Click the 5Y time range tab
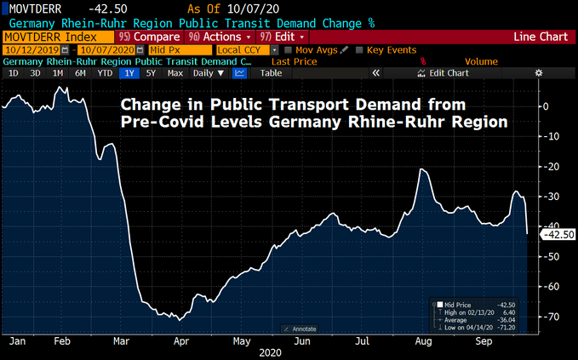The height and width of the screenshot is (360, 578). pyautogui.click(x=151, y=73)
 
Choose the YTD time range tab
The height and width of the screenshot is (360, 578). pyautogui.click(x=105, y=73)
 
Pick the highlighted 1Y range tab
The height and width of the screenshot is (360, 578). pyautogui.click(x=129, y=73)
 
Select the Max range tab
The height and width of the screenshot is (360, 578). pyautogui.click(x=175, y=73)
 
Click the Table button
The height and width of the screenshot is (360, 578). pyautogui.click(x=271, y=73)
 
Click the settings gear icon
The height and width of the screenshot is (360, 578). pyautogui.click(x=538, y=73)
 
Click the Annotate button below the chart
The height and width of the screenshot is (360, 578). pyautogui.click(x=299, y=329)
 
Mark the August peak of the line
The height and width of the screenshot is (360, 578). pyautogui.click(x=421, y=170)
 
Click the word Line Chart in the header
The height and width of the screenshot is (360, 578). pyautogui.click(x=542, y=37)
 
